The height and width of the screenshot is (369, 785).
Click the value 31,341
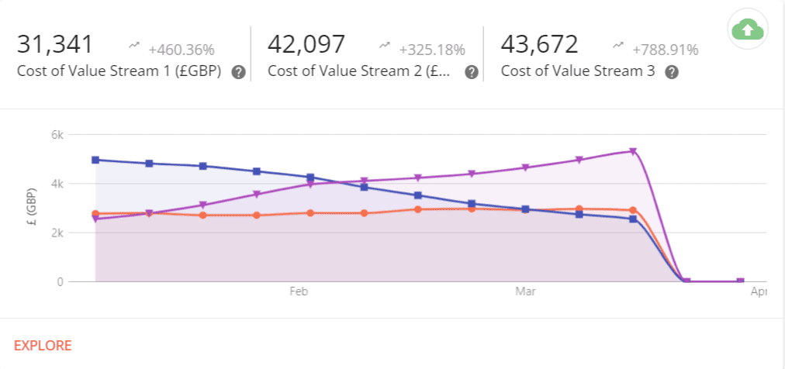(x=55, y=43)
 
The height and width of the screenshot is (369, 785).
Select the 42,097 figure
(x=306, y=43)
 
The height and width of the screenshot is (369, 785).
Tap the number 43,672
(x=539, y=43)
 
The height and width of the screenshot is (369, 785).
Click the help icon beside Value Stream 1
(x=239, y=72)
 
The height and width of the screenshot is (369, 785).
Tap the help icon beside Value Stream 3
(x=672, y=72)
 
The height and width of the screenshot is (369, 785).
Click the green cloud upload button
(x=747, y=29)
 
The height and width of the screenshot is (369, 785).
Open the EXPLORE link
(x=43, y=345)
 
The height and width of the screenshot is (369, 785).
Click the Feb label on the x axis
(x=299, y=292)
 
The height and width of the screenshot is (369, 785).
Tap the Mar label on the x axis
(x=525, y=292)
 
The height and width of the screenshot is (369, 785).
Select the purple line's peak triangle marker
(x=633, y=151)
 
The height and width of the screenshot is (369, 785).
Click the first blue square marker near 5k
(x=95, y=160)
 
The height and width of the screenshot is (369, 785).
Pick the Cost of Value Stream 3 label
(x=578, y=71)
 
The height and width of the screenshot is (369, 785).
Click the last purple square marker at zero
(x=740, y=281)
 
